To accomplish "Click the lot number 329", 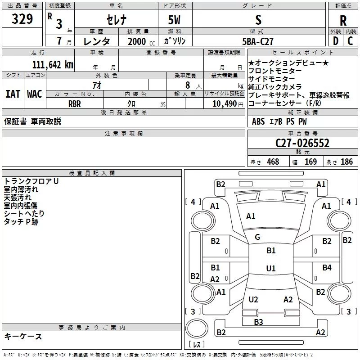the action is pos(22,19).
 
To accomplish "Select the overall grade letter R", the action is pos(343,21).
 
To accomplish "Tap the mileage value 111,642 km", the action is pos(53,64).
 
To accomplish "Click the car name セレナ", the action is pos(117,20).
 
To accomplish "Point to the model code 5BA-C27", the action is pos(258,41).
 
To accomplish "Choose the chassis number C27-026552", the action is pos(302,143).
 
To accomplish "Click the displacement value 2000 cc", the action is pos(141,41).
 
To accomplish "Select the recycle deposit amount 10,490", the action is pos(225,104).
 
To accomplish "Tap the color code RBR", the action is pos(75,104).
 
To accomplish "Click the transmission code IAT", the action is pos(13,94).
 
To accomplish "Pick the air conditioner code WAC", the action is pos(35,94).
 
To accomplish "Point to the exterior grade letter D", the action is pos(336,41).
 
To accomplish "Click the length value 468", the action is pos(273,162).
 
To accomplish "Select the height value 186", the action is pos(346,162).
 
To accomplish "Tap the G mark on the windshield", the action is pos(257,237).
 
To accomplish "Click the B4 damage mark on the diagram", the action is pos(327,267).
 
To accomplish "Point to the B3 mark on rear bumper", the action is pos(258,322).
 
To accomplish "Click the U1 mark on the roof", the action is pos(271,268).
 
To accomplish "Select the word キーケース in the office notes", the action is pos(23,336).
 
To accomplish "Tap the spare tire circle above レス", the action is pos(197,328).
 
